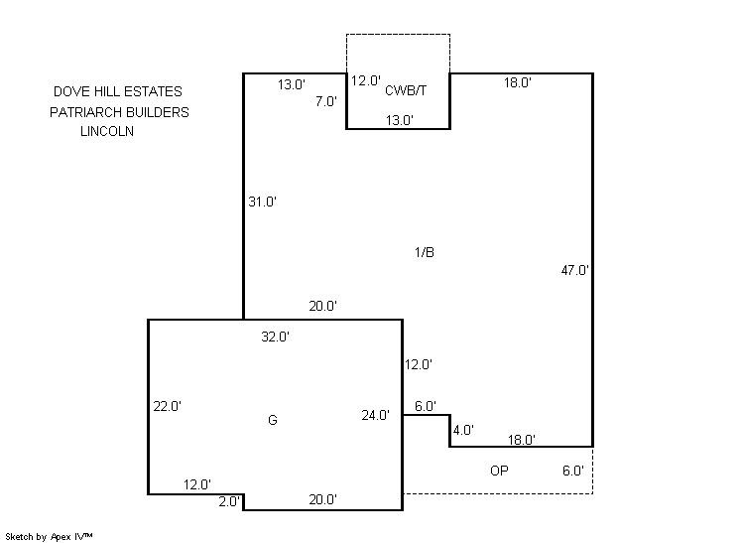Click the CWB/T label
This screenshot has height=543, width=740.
click(x=406, y=90)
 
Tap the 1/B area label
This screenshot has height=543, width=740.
click(x=425, y=252)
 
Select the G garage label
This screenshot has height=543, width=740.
click(x=273, y=420)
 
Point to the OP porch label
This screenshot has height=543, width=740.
click(x=499, y=471)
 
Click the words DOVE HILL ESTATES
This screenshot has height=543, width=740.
click(x=117, y=91)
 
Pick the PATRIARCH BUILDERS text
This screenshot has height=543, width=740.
click(x=119, y=112)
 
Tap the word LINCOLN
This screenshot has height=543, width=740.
click(x=107, y=131)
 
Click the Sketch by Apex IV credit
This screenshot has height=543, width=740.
click(x=49, y=537)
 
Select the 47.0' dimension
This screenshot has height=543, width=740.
click(x=574, y=271)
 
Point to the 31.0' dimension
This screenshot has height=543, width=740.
click(x=263, y=202)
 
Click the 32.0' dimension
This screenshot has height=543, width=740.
click(x=275, y=337)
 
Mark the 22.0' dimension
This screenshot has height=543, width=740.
click(x=168, y=406)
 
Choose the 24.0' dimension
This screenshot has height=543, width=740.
click(x=376, y=415)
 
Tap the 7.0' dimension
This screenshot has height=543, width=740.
click(x=326, y=101)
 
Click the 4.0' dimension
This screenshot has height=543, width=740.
click(x=463, y=430)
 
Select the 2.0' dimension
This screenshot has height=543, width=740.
click(x=229, y=501)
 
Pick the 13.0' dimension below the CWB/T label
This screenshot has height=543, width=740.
click(x=399, y=120)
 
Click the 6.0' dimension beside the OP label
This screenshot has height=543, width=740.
click(x=573, y=471)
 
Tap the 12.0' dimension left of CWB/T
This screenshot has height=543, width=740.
click(x=366, y=80)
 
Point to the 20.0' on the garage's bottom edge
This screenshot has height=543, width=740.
click(x=322, y=499)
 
